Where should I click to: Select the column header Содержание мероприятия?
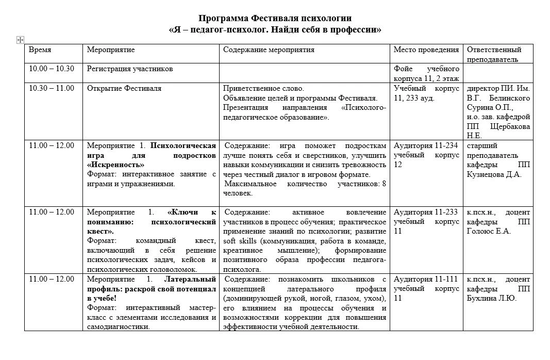coord(269,50)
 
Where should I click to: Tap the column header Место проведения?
coord(426,50)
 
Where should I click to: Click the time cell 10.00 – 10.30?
coord(52,69)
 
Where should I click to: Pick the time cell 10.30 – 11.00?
coord(52,88)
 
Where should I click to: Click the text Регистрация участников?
coord(130,69)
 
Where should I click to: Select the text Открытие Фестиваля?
coord(124,88)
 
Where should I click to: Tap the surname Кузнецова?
coord(488,174)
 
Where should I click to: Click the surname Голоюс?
coord(487,231)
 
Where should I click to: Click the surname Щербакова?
coord(509,126)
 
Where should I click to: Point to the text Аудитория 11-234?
coord(426,145)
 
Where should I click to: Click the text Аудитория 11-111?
coord(426,279)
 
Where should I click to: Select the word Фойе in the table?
coord(403,69)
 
